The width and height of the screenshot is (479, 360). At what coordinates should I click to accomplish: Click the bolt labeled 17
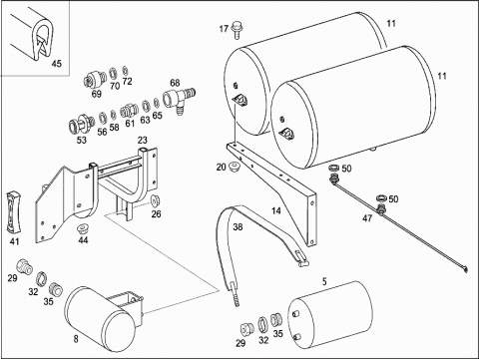237,30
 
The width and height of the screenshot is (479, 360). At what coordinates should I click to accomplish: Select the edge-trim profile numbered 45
33,36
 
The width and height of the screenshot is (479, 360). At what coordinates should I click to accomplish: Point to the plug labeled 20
235,166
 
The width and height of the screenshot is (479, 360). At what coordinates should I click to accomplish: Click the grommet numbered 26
155,201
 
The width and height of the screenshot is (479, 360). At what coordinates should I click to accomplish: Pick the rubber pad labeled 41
14,211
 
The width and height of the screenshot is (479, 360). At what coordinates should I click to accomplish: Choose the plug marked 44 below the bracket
82,229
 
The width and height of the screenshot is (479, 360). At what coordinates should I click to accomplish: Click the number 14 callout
275,210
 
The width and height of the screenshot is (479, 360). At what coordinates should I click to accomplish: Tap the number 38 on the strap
238,227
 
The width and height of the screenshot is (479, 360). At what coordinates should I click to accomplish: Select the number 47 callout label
367,218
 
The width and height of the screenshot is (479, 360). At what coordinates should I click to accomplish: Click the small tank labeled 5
329,316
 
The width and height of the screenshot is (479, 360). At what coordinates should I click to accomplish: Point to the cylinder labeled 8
100,319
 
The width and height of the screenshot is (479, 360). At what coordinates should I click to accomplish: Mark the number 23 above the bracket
143,140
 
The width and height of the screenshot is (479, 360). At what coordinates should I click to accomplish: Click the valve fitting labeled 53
80,123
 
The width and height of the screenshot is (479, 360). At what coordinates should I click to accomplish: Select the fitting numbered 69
94,80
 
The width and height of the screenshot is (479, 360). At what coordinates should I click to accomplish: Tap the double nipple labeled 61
129,110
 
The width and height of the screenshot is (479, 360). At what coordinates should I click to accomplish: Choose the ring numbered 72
126,71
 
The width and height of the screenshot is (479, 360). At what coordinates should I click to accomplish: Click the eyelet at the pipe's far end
465,270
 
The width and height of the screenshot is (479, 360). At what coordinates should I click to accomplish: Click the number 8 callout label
76,339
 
